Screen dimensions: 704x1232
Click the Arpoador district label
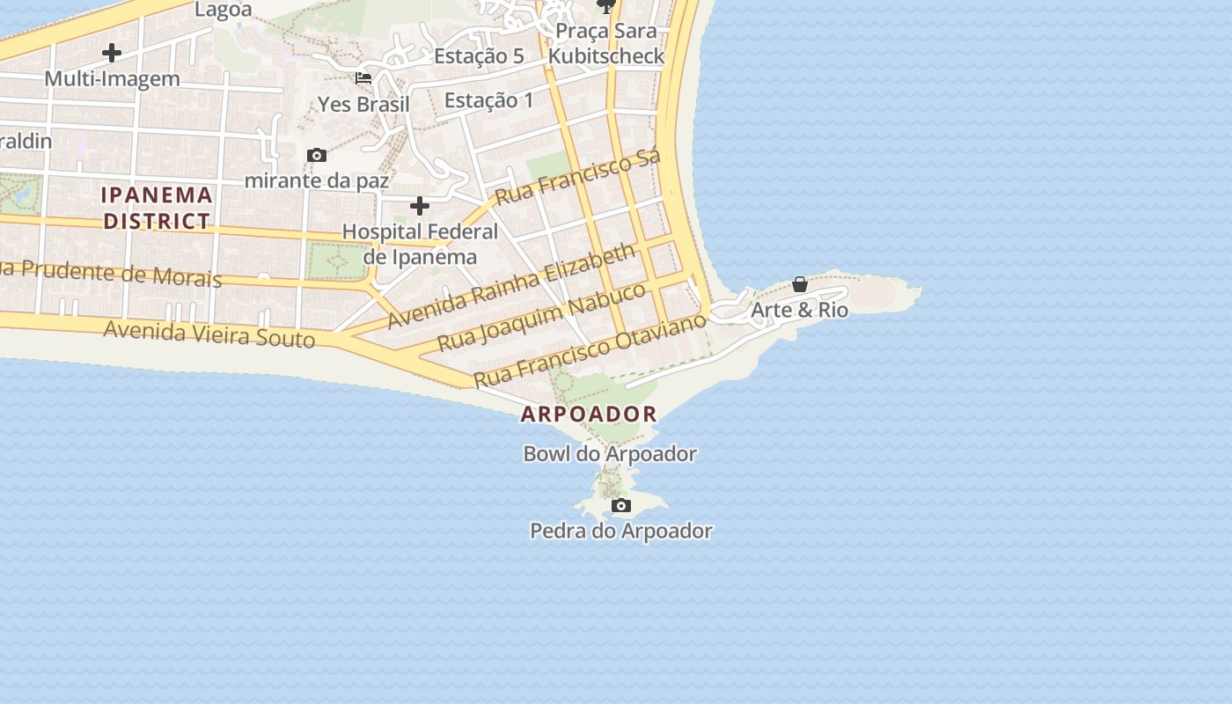point(589,414)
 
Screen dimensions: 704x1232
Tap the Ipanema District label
point(157,208)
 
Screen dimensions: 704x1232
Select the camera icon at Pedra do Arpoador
point(621,505)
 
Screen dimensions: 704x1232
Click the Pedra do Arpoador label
point(620,531)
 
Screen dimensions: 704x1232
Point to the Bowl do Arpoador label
point(610,454)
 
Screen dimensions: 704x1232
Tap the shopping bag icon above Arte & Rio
point(800,284)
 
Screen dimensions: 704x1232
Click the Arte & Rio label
point(799,310)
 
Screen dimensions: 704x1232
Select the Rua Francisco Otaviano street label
point(590,349)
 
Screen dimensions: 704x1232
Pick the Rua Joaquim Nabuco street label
point(541,317)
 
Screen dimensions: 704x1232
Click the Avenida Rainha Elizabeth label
point(510,286)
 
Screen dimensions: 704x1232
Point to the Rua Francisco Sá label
point(577,179)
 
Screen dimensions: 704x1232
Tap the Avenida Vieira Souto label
point(209,334)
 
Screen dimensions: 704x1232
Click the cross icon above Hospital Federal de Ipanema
point(420,207)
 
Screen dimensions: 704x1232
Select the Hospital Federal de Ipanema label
point(420,244)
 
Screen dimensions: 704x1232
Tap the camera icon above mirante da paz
point(317,156)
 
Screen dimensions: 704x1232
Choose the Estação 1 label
point(488,100)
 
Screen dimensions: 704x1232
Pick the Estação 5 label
point(479,56)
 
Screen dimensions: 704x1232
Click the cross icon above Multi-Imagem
point(112,53)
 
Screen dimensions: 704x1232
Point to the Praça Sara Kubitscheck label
point(605,43)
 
